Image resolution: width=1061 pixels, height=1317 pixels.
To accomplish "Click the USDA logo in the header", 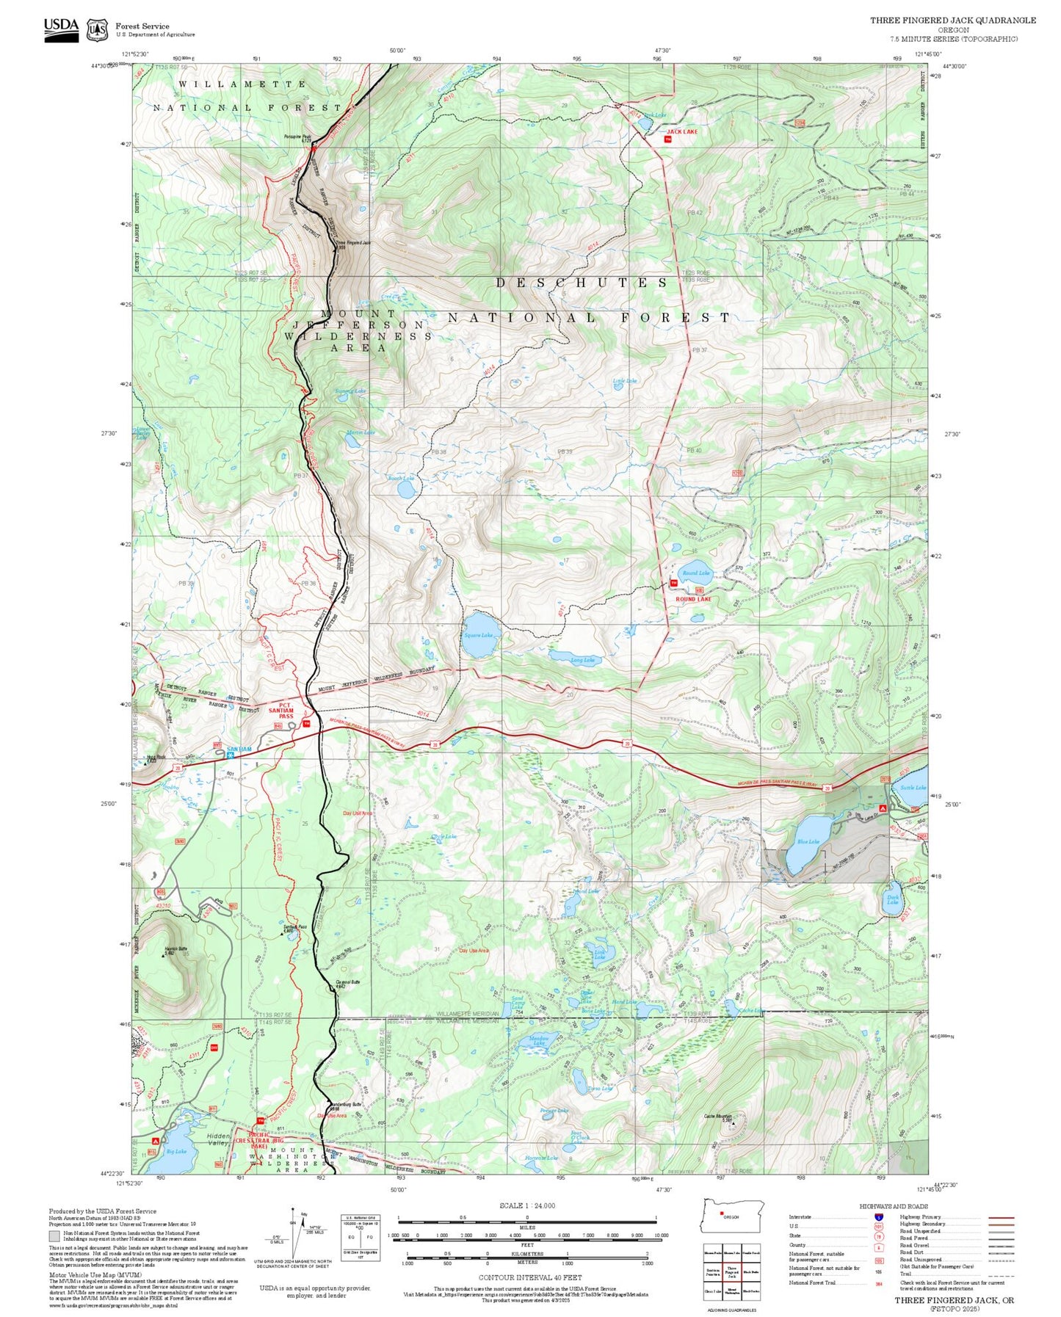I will (61, 29).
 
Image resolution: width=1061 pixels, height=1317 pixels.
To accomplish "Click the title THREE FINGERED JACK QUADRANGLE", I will (953, 20).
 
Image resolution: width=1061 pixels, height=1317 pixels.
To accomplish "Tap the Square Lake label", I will (479, 635).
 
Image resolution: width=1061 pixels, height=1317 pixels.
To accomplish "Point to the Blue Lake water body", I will (808, 844).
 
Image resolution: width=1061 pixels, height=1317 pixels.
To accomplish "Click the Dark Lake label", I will (893, 900).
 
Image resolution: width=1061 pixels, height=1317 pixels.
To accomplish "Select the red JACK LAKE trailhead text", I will (682, 131).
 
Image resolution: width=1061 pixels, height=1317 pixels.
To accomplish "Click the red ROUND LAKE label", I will (693, 599).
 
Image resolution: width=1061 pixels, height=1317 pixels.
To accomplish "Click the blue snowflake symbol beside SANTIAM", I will (230, 755).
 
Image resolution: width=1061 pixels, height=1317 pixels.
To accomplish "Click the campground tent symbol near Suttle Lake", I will (883, 808).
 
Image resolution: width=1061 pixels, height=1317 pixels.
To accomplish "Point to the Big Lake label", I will (176, 1151).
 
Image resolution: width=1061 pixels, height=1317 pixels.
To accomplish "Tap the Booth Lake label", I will (401, 478).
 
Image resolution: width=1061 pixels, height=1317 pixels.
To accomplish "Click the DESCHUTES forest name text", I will (582, 283).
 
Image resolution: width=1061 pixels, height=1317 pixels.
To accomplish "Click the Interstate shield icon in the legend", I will (878, 1217).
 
